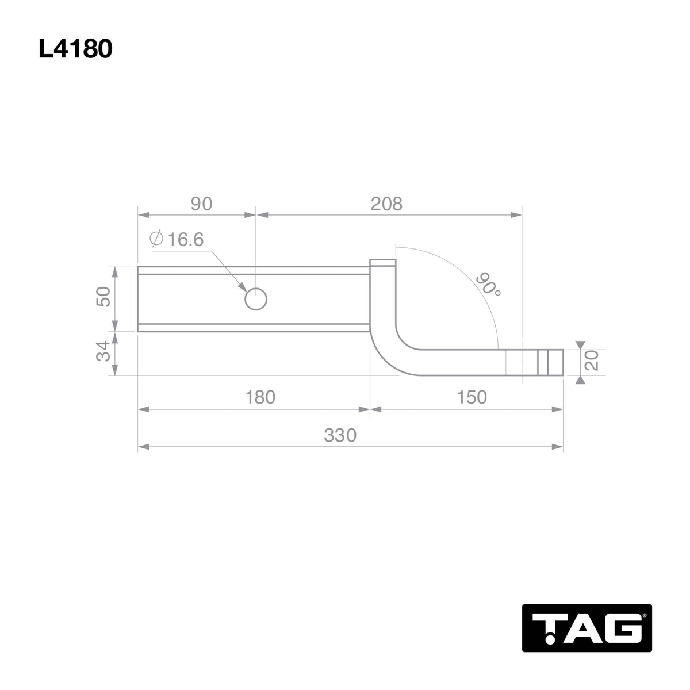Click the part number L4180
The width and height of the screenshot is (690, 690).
pyautogui.click(x=75, y=50)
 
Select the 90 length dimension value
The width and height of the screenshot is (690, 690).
pyautogui.click(x=201, y=204)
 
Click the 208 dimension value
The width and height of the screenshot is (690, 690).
pyautogui.click(x=386, y=204)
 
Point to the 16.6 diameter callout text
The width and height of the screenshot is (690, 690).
pyautogui.click(x=185, y=240)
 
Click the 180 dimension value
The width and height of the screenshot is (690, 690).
pyautogui.click(x=259, y=397)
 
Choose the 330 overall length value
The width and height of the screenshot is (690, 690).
pyautogui.click(x=340, y=435)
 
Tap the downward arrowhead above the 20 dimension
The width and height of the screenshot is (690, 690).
pyautogui.click(x=581, y=344)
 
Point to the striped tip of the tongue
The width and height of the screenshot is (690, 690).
pyautogui.click(x=549, y=362)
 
